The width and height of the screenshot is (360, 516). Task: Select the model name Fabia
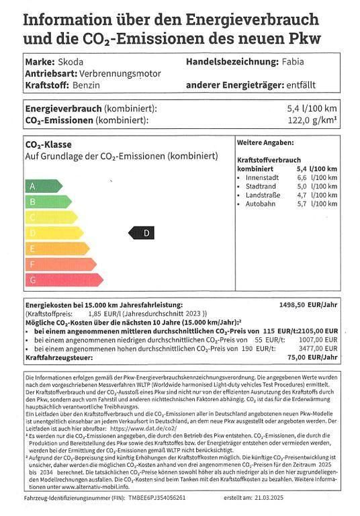292,62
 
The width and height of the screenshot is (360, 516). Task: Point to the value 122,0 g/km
312,120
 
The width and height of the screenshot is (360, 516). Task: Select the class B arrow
47,202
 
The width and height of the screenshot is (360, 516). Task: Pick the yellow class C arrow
50,217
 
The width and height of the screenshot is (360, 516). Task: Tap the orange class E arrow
56,248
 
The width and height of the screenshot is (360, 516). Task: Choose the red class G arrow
63,279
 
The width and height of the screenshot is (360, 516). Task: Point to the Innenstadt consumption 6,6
303,177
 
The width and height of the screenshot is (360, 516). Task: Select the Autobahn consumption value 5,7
303,204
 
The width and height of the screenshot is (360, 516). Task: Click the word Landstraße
263,195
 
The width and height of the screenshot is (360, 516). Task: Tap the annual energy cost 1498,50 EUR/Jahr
308,304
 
